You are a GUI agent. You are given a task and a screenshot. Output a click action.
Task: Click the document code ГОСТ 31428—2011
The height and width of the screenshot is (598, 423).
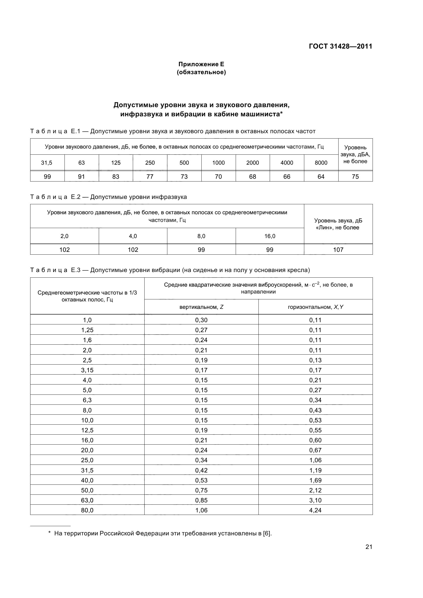340,46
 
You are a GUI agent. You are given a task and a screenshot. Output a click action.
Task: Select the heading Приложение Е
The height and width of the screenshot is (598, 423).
201,64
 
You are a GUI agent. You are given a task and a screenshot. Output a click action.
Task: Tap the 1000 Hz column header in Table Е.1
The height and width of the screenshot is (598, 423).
218,163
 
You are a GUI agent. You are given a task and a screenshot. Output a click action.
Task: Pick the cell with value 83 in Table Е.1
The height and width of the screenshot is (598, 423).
116,177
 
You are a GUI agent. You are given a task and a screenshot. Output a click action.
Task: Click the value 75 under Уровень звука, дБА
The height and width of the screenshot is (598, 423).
355,177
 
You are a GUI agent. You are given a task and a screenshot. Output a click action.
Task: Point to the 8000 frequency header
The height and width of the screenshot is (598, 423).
321,163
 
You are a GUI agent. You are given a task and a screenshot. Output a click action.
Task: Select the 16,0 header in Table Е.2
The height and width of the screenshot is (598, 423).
270,236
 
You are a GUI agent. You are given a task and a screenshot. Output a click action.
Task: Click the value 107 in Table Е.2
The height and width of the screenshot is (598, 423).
338,250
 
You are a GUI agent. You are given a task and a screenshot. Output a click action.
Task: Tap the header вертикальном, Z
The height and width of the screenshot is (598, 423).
201,307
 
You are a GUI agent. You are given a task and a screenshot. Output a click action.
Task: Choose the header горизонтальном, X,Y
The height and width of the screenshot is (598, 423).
315,307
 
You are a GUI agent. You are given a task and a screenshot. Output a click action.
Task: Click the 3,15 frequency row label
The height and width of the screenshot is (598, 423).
87,370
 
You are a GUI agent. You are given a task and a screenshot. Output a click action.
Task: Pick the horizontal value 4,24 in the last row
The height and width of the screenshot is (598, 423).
315,510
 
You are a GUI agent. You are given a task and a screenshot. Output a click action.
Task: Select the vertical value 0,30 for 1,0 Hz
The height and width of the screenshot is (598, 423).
201,320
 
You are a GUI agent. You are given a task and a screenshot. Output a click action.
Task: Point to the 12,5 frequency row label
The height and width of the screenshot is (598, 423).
87,430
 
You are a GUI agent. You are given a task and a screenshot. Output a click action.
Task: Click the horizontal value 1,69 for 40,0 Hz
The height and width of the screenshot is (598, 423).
315,480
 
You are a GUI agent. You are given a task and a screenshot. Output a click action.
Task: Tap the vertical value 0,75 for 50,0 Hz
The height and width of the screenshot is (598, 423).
201,490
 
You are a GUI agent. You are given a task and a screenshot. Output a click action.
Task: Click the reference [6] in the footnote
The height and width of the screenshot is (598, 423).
267,533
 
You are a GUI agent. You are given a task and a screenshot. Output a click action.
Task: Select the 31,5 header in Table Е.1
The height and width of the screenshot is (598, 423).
47,163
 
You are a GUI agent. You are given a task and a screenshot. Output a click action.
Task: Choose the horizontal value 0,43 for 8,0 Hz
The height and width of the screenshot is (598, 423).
315,410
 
